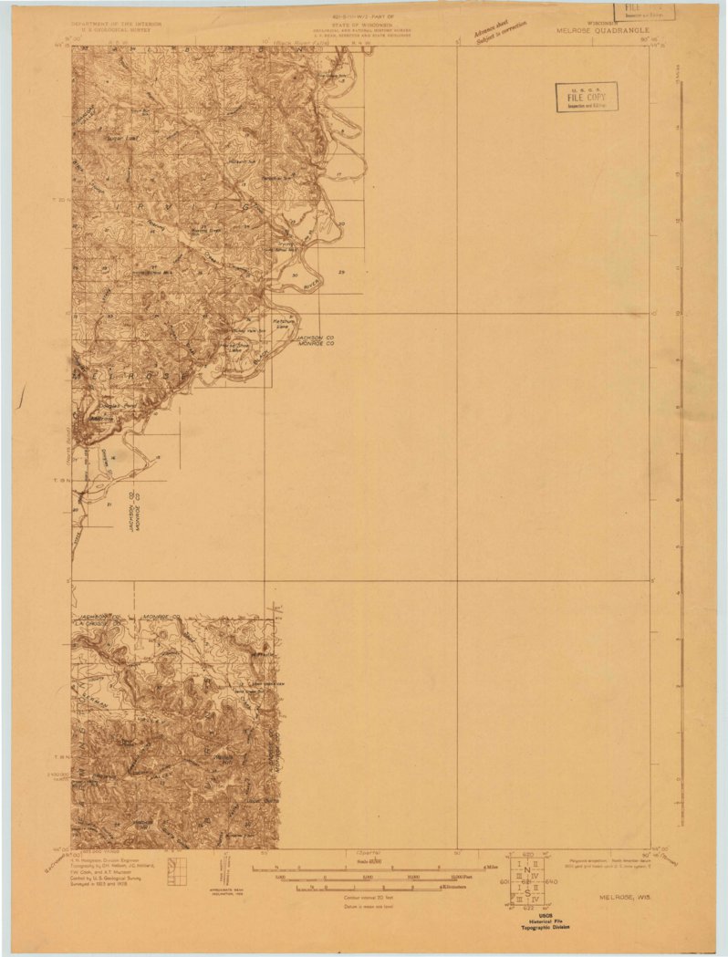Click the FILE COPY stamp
(587, 96)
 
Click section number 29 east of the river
(341, 273)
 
